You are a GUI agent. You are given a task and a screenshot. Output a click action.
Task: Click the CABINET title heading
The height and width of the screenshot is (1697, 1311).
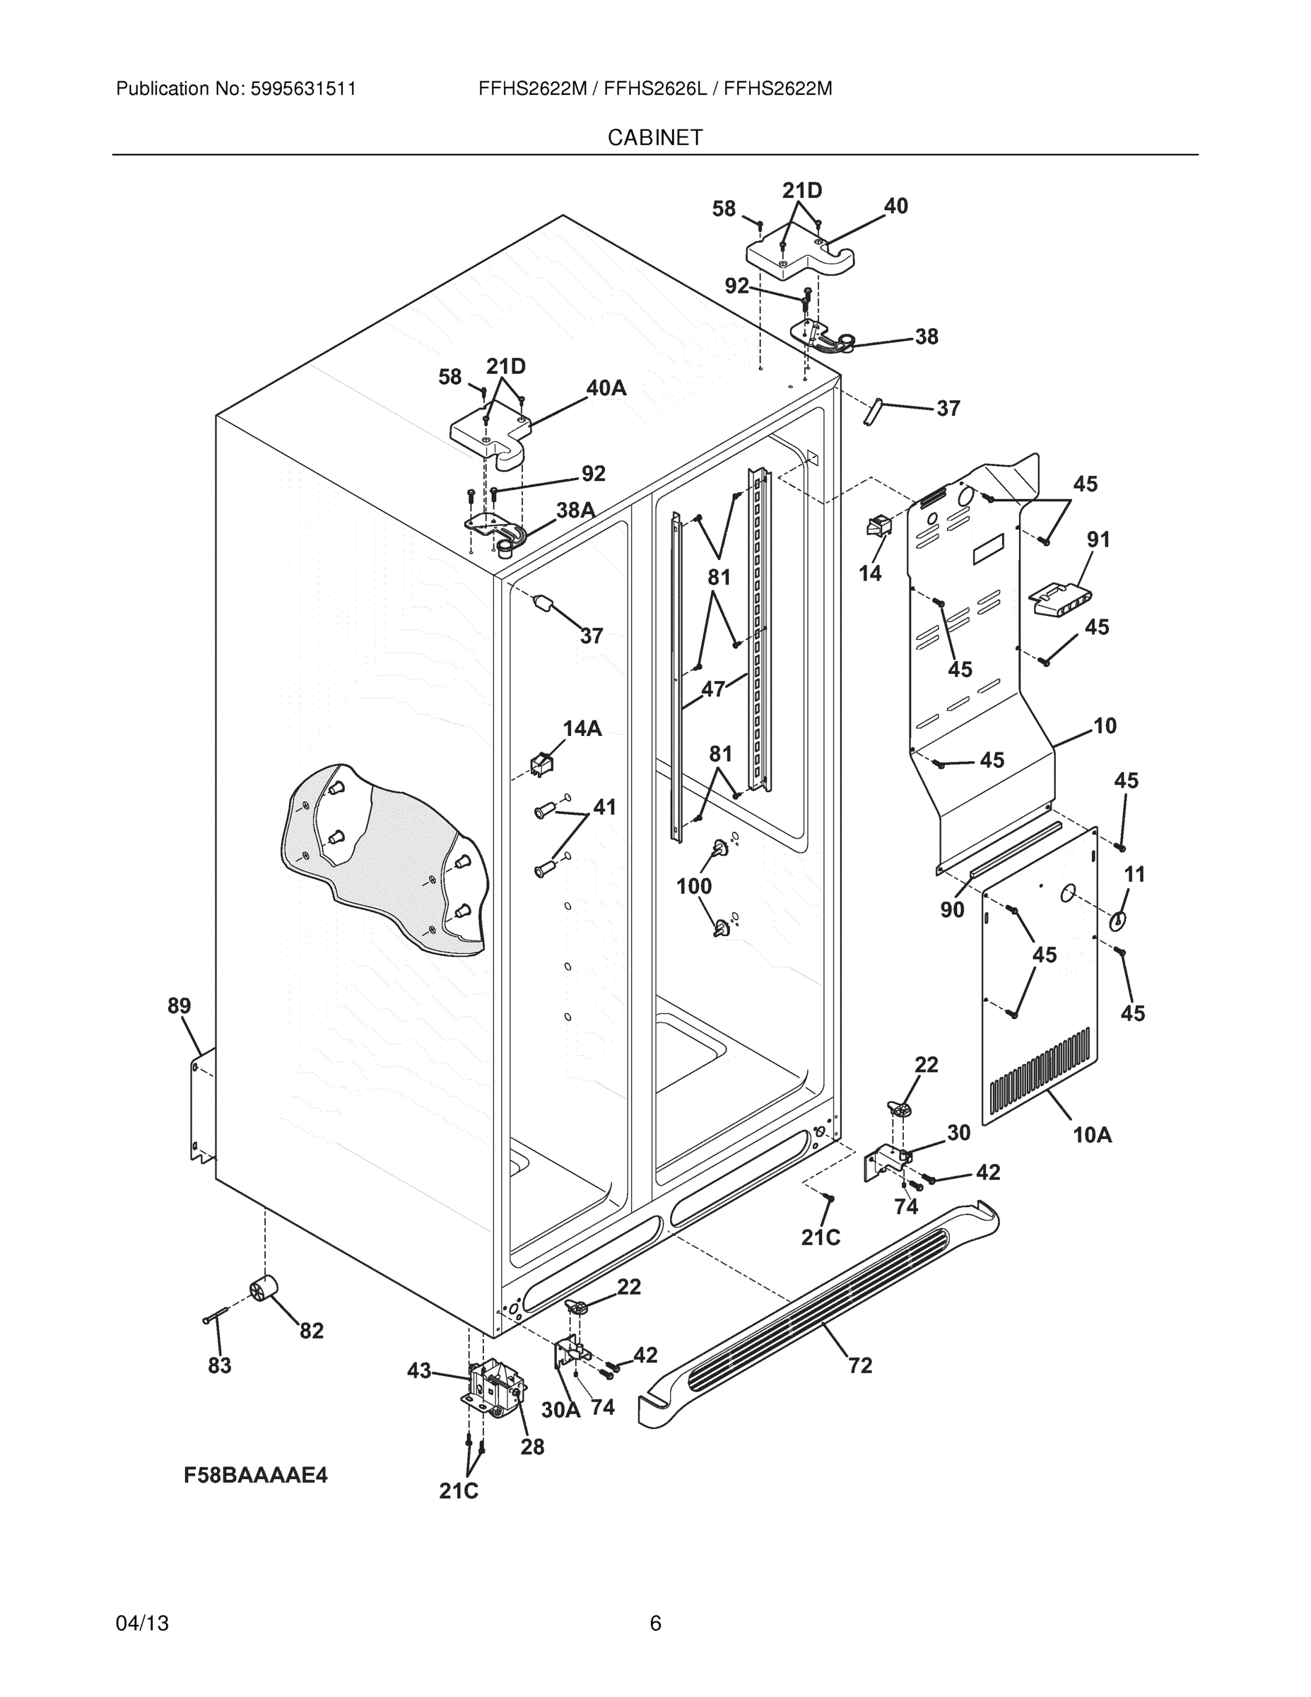pyautogui.click(x=654, y=138)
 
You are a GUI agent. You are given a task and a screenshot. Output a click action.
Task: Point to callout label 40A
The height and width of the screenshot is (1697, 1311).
pyautogui.click(x=606, y=387)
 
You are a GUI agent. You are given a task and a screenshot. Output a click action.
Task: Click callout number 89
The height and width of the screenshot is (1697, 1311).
pyautogui.click(x=179, y=1005)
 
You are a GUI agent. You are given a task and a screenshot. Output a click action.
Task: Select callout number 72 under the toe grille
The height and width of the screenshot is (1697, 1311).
pyautogui.click(x=860, y=1365)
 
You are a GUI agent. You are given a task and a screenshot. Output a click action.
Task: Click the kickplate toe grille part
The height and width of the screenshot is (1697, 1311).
pyautogui.click(x=816, y=1313)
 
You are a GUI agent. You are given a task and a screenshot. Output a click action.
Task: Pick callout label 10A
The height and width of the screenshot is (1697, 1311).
pyautogui.click(x=1092, y=1135)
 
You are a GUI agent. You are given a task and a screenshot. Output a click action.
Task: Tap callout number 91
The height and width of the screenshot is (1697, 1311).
pyautogui.click(x=1098, y=540)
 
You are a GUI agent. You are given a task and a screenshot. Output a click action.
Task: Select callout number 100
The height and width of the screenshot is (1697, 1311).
pyautogui.click(x=693, y=886)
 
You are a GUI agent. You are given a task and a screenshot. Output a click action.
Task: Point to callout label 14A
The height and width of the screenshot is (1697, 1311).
pyautogui.click(x=582, y=728)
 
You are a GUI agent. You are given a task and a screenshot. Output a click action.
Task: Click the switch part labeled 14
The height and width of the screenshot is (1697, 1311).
pyautogui.click(x=878, y=527)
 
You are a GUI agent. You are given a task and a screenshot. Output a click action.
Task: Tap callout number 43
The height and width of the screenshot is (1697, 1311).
pyautogui.click(x=418, y=1370)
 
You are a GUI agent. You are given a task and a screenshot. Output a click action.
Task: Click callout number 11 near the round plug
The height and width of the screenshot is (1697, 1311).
pyautogui.click(x=1135, y=874)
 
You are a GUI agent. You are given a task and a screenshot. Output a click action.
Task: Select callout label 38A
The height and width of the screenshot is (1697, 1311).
pyautogui.click(x=575, y=511)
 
